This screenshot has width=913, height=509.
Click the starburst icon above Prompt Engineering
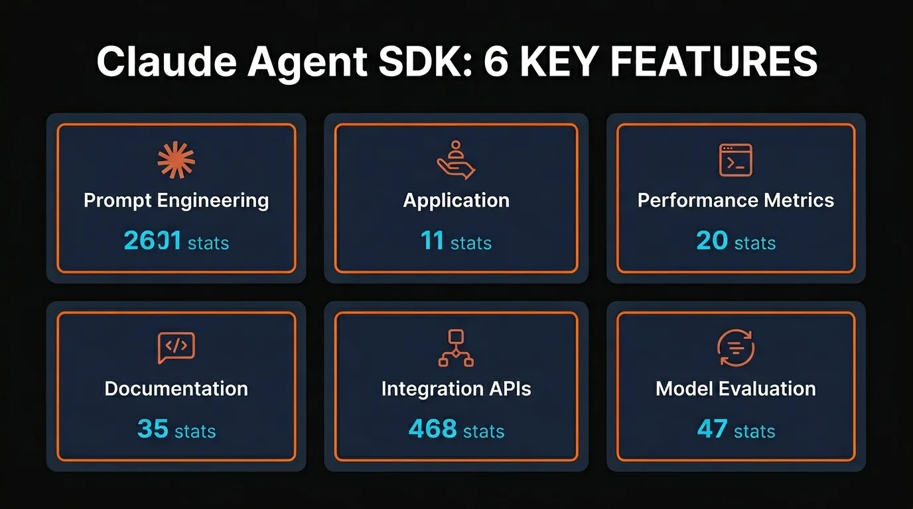(176, 161)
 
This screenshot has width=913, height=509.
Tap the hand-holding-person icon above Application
(456, 160)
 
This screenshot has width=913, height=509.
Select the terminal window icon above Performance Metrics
(736, 160)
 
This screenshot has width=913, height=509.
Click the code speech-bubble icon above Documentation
(176, 348)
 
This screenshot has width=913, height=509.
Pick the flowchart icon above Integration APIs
(456, 348)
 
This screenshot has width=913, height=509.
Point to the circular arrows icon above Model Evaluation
(736, 348)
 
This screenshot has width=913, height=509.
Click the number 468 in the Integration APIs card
(433, 429)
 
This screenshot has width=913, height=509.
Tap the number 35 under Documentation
(153, 429)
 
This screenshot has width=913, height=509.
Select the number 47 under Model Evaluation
(712, 429)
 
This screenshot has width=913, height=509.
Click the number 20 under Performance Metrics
(712, 241)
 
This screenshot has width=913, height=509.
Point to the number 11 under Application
(432, 241)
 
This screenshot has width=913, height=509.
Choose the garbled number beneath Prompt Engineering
(152, 241)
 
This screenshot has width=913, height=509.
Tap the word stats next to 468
(484, 431)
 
